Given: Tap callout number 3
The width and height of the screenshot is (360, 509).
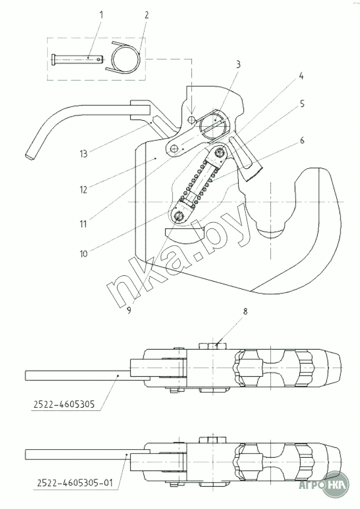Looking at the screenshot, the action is (x=238, y=65).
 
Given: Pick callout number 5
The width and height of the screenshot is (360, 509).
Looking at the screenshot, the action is (x=303, y=104).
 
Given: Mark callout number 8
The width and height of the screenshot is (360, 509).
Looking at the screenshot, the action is (x=245, y=311).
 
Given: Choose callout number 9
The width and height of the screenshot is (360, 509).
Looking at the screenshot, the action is (x=129, y=310).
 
